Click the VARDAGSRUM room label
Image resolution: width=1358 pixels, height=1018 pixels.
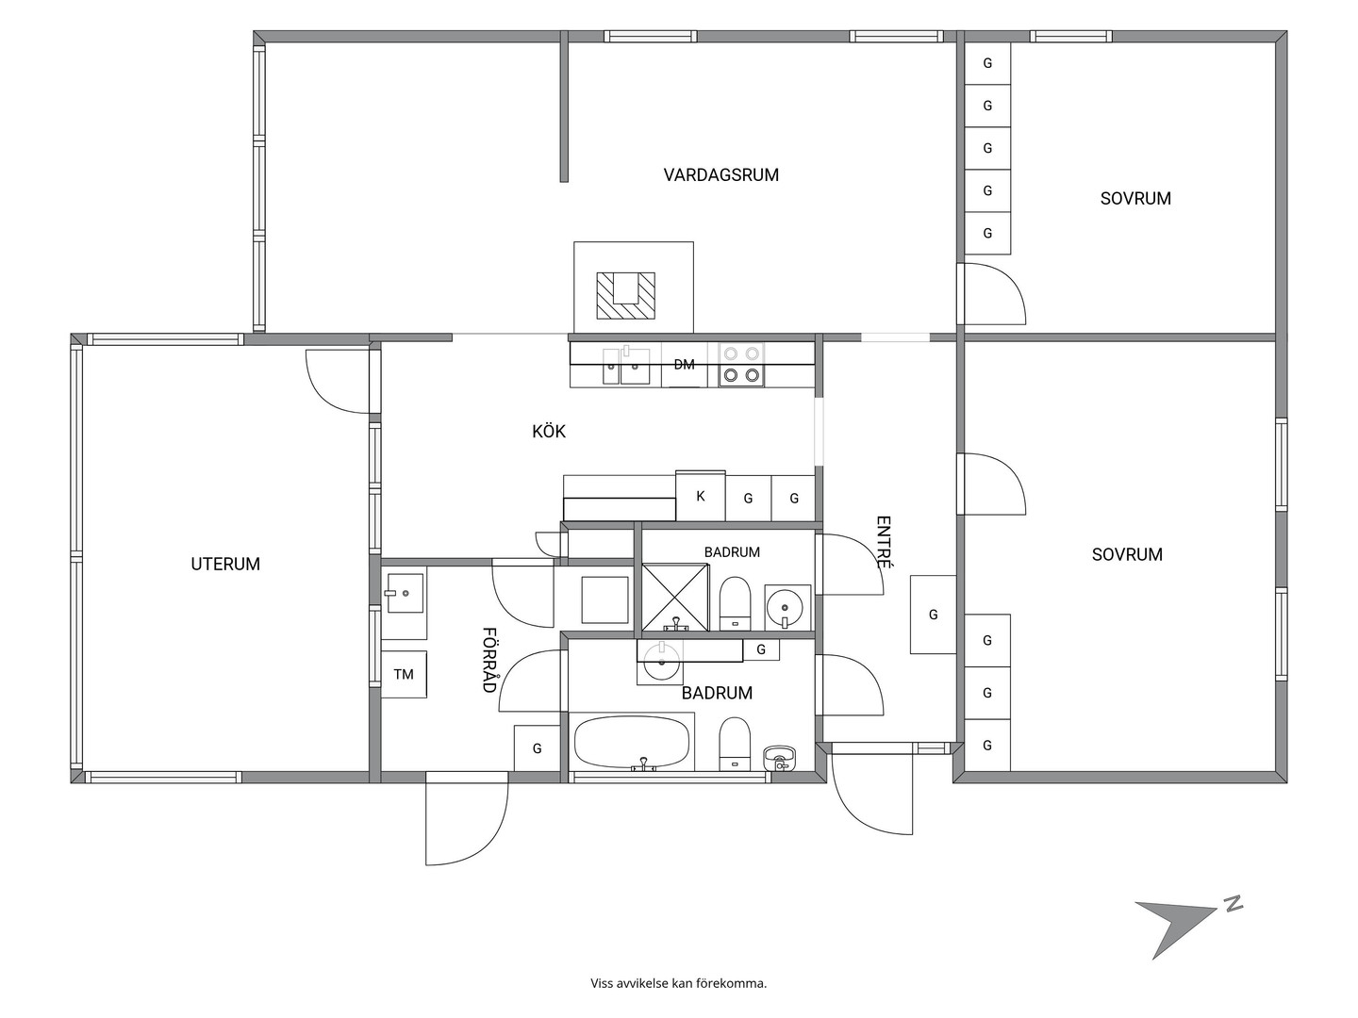pyautogui.click(x=720, y=175)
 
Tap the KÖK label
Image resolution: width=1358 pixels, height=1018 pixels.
pyautogui.click(x=549, y=431)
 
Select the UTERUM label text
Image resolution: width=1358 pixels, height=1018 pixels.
pyautogui.click(x=225, y=564)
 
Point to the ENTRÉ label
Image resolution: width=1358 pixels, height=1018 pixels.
pyautogui.click(x=885, y=542)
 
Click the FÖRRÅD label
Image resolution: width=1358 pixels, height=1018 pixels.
pyautogui.click(x=489, y=660)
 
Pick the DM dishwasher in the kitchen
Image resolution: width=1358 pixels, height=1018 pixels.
pyautogui.click(x=685, y=365)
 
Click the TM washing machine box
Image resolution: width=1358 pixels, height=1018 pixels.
pyautogui.click(x=404, y=674)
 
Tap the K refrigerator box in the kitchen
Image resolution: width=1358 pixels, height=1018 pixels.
pyautogui.click(x=701, y=496)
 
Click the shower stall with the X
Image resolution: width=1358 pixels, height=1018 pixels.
pyautogui.click(x=675, y=597)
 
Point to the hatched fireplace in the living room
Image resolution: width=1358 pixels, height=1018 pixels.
pyautogui.click(x=625, y=296)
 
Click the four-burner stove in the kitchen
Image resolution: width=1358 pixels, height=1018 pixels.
pyautogui.click(x=741, y=365)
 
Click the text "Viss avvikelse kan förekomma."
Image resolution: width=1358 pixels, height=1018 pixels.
pyautogui.click(x=679, y=983)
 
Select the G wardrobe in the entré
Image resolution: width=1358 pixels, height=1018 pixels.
pyautogui.click(x=933, y=615)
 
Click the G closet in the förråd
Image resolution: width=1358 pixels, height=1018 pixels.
pyautogui.click(x=537, y=748)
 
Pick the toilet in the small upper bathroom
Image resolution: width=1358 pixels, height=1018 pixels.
pyautogui.click(x=735, y=604)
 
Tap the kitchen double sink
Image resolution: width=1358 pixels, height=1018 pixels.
pyautogui.click(x=626, y=366)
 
